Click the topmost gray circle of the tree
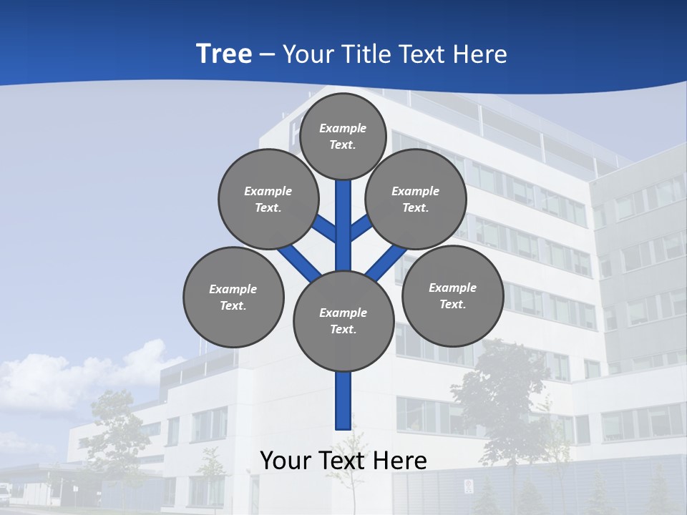[343, 136]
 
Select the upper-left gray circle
[268, 199]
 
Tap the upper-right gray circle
[416, 199]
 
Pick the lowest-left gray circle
[233, 297]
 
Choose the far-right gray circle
[452, 295]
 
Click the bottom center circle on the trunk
[343, 320]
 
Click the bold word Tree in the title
[224, 54]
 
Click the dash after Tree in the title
[268, 54]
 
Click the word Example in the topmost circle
[343, 128]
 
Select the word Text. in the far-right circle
[452, 304]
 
